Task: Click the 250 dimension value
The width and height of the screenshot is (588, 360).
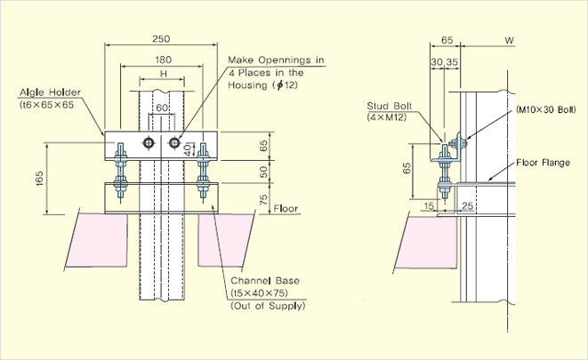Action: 161,38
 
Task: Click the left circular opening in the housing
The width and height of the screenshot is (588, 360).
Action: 149,143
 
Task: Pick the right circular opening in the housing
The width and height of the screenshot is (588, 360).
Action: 173,143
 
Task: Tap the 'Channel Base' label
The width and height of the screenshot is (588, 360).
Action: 264,280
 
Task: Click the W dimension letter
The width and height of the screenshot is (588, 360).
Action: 510,40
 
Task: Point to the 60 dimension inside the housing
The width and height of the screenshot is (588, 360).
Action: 160,108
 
